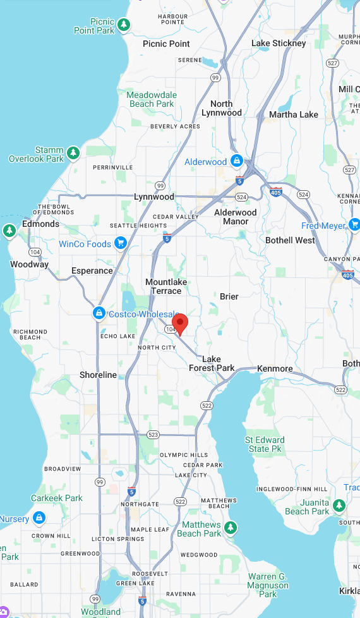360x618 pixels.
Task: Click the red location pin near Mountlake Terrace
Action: click(180, 323)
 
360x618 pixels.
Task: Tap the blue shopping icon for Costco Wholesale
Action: click(99, 313)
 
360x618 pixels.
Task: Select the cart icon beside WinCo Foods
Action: click(121, 244)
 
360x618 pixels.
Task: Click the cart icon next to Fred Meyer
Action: click(354, 224)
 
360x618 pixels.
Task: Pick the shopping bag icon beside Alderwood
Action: click(236, 161)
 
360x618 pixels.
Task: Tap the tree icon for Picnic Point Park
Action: click(125, 25)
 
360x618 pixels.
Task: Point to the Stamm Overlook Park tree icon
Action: click(74, 153)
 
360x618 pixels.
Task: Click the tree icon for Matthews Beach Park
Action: click(231, 528)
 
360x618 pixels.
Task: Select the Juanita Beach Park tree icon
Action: click(339, 506)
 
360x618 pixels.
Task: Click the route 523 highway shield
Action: click(153, 435)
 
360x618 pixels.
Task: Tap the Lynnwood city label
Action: click(154, 197)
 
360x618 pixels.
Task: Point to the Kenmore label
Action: click(275, 368)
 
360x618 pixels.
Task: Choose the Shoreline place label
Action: click(98, 375)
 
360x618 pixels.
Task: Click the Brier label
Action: click(229, 296)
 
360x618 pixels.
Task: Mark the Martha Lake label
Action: click(294, 114)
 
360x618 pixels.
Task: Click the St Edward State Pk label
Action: click(265, 444)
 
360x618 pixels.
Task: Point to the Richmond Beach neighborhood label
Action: click(30, 334)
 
